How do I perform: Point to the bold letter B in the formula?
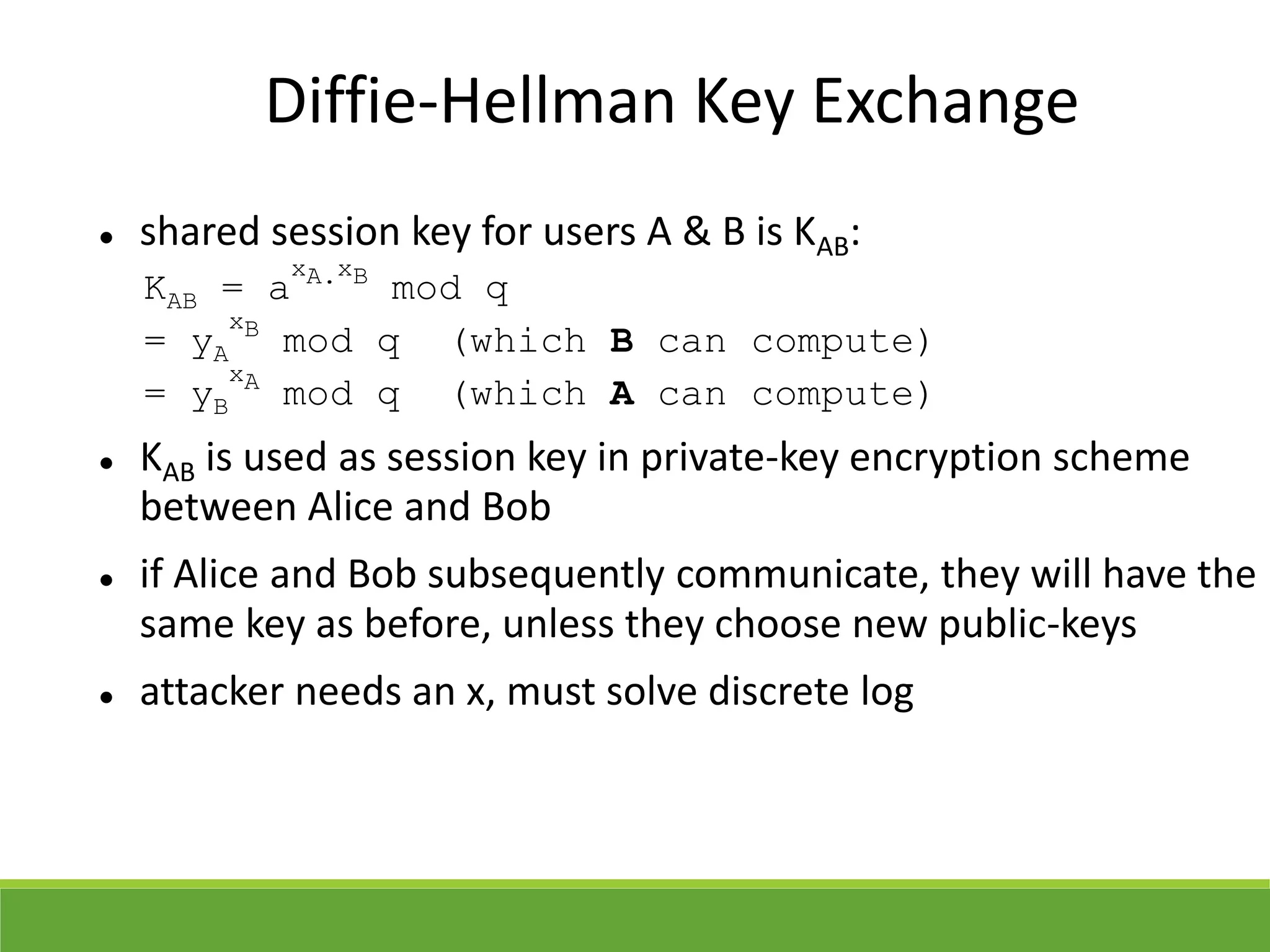coord(621,342)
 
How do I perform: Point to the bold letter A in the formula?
coord(621,394)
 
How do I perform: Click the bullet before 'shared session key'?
coord(107,237)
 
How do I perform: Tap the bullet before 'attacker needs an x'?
coord(107,697)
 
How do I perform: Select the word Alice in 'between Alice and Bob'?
coord(349,507)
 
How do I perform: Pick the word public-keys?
coord(1037,624)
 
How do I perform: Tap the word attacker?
coord(211,691)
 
